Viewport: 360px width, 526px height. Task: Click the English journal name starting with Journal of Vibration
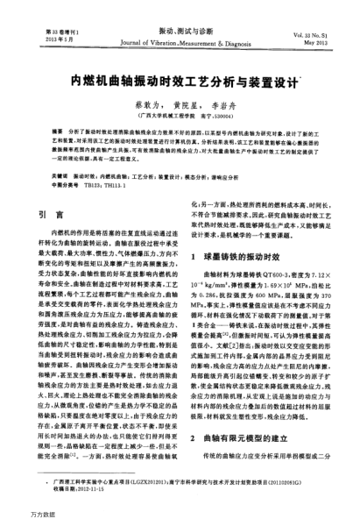[180, 40]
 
